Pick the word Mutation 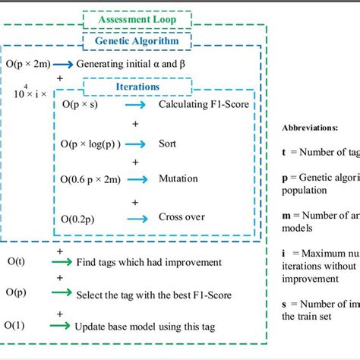(178, 179)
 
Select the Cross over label (182, 217)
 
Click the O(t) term (15, 262)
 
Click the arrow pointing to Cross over (137, 217)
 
